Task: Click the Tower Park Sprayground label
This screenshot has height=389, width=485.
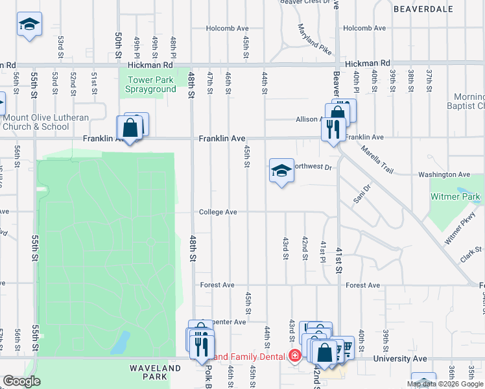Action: (x=151, y=84)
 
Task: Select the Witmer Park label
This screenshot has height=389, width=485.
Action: (x=456, y=196)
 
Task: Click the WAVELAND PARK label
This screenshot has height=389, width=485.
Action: (x=155, y=373)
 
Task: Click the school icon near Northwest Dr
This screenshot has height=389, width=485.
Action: (x=281, y=171)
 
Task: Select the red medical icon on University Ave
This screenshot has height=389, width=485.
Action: (x=295, y=356)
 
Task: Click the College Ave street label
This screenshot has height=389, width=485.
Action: (x=217, y=212)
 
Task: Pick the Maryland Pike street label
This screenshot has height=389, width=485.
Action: (x=314, y=39)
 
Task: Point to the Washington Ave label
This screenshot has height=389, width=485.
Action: (x=444, y=174)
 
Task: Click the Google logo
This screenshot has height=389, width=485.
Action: (x=21, y=381)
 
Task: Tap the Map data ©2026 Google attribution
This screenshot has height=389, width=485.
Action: (x=445, y=384)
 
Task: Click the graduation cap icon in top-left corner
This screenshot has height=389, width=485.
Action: (x=29, y=25)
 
